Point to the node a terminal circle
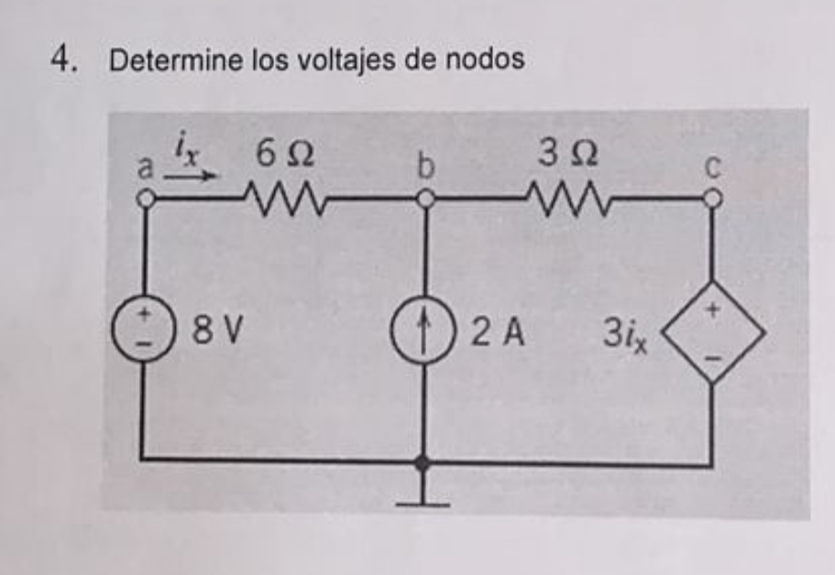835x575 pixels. tap(144, 198)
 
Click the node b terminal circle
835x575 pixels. tap(423, 198)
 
